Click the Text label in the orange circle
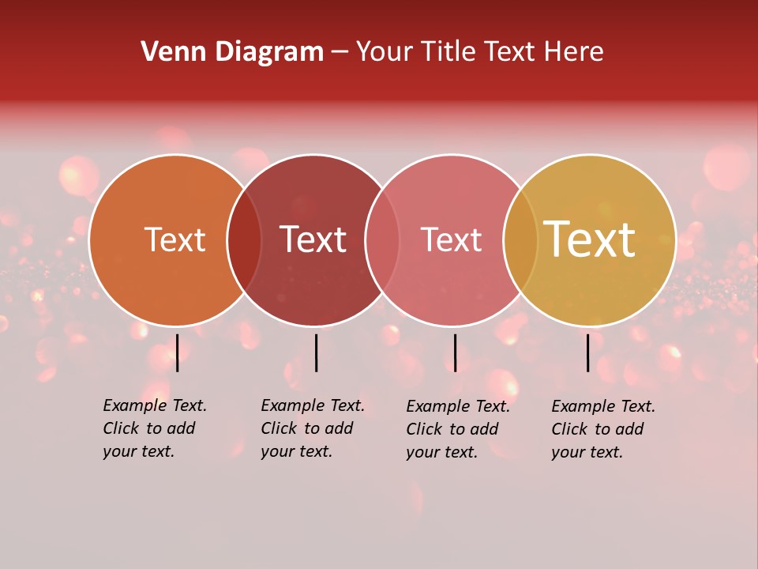point(174,239)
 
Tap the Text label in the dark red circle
point(313,239)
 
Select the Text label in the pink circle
point(451,239)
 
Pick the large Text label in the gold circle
point(590,239)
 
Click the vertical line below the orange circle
point(178,352)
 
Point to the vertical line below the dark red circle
point(316,352)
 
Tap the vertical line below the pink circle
point(455,352)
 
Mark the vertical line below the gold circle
point(588,352)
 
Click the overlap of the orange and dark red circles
point(244,240)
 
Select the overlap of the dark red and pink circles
point(382,240)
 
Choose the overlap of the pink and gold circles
point(520,240)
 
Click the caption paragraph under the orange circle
point(155,428)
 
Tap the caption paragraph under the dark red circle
point(313,428)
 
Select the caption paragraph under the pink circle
point(458,429)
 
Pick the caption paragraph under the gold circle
point(603,429)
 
